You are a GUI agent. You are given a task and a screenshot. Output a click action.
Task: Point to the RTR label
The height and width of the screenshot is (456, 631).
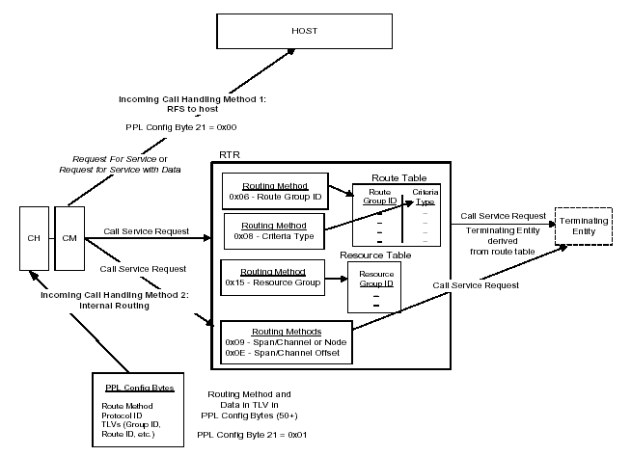230,153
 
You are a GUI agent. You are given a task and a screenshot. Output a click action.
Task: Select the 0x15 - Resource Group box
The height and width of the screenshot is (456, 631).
271,278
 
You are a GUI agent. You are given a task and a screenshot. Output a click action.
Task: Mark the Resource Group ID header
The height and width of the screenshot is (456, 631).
375,280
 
